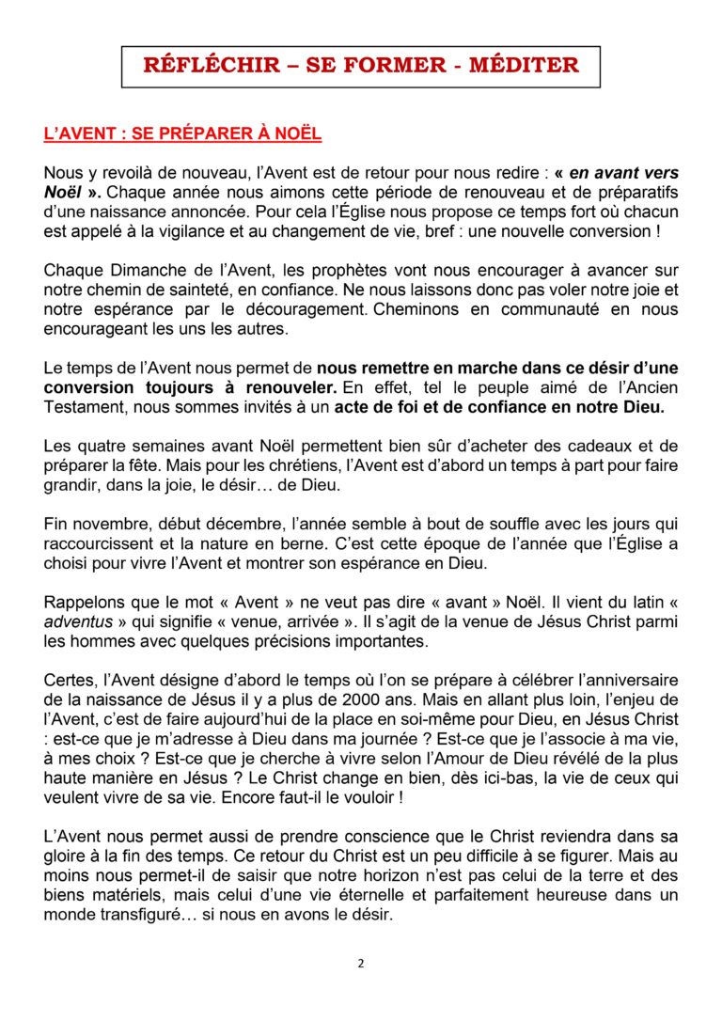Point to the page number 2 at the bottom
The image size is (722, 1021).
pos(360,962)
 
